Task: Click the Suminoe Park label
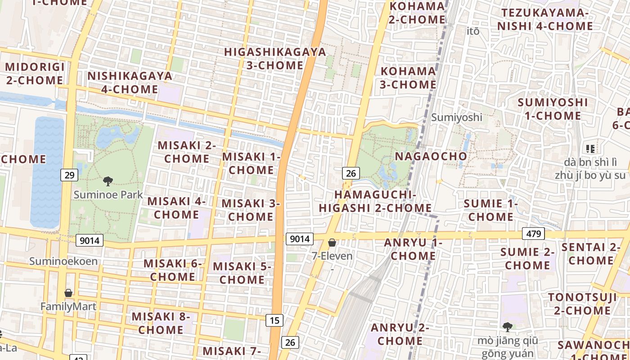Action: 108,195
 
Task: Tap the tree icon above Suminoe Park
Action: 108,181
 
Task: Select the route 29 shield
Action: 69,175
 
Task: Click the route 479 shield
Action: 533,234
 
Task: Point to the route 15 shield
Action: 274,320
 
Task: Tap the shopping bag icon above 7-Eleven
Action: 332,243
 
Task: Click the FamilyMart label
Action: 68,307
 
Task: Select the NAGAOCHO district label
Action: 431,156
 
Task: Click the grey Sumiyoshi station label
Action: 456,117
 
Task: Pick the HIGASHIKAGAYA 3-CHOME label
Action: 275,58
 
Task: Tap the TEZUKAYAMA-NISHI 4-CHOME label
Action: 545,19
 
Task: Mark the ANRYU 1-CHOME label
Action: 413,249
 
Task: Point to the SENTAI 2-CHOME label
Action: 591,254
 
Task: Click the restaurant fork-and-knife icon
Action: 590,148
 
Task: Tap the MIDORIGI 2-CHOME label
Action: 35,74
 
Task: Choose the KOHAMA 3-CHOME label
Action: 409,78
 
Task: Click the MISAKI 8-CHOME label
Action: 161,323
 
